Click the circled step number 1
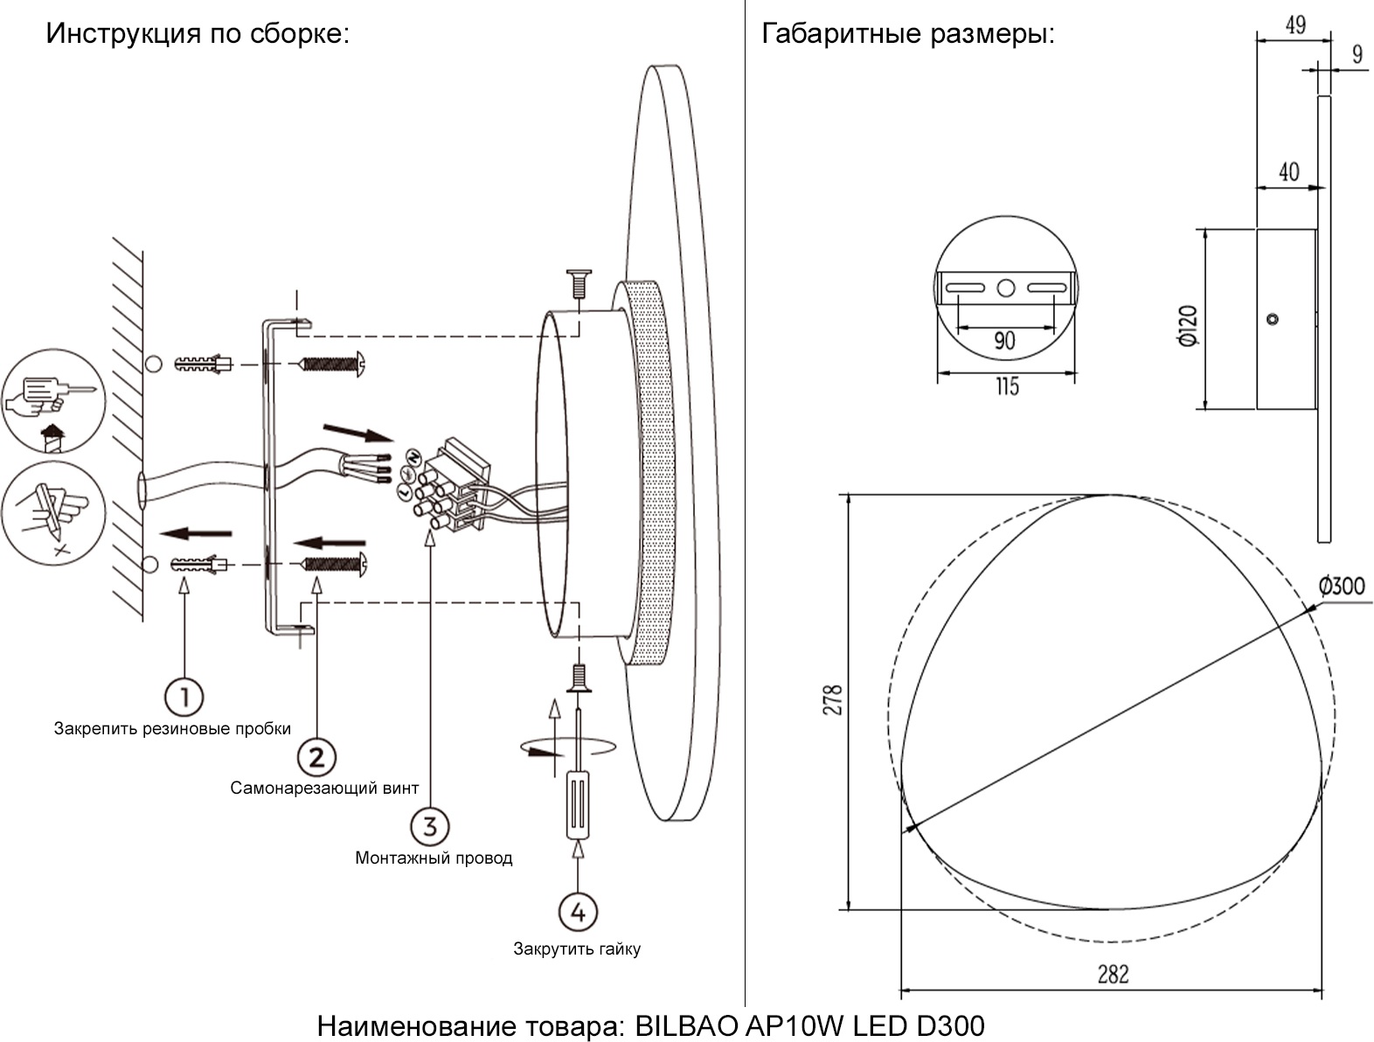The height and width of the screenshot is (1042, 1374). (x=184, y=698)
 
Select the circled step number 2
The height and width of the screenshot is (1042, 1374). (x=316, y=757)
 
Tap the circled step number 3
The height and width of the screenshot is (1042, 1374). (x=429, y=826)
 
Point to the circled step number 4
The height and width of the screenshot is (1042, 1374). (x=578, y=912)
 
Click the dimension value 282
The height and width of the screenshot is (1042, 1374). (x=1113, y=974)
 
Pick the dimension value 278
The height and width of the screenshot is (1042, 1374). (x=833, y=700)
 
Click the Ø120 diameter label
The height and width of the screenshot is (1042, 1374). (x=1187, y=326)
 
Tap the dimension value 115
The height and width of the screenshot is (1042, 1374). (x=1007, y=386)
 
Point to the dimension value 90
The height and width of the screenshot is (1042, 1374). (x=1005, y=340)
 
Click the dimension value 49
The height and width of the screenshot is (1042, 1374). (x=1295, y=24)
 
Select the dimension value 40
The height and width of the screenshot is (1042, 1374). (x=1288, y=172)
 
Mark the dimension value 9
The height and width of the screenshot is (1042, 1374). (x=1357, y=54)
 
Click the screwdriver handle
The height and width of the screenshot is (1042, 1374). (x=578, y=804)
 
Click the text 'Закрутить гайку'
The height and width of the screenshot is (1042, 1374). (x=577, y=949)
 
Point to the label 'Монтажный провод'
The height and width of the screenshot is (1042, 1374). (x=434, y=858)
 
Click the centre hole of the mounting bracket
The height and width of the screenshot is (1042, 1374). (x=1006, y=287)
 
